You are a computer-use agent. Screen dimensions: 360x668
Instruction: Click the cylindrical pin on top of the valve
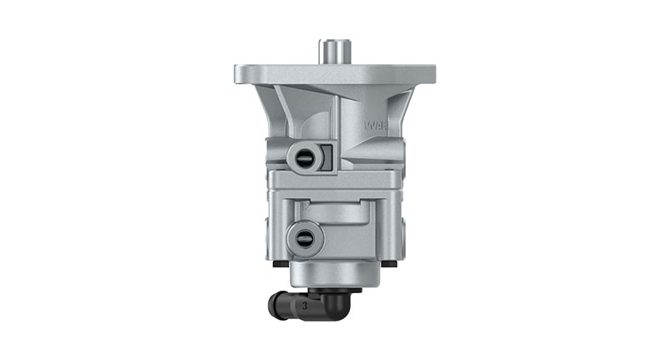tap(334, 50)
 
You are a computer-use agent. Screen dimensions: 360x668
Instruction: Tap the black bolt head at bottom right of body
tap(390, 265)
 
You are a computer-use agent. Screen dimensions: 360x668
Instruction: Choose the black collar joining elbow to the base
tap(333, 291)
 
